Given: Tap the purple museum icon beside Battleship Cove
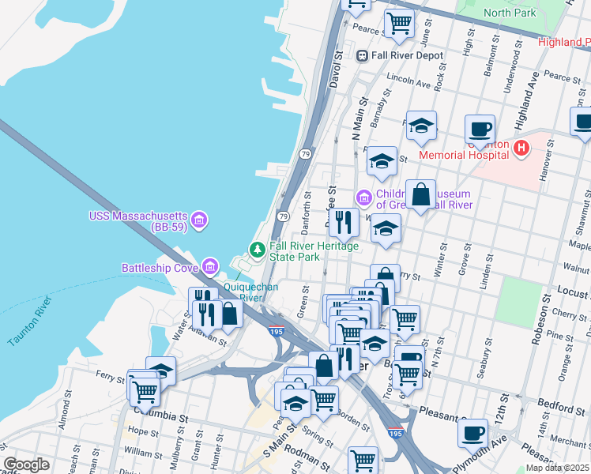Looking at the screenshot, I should (x=210, y=267).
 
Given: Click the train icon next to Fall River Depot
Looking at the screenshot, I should (x=363, y=55).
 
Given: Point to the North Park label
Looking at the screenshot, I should (x=510, y=13).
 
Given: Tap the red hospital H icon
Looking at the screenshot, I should (x=521, y=147).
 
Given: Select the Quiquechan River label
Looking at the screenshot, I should (x=250, y=292).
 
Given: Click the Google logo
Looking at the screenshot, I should (x=27, y=465).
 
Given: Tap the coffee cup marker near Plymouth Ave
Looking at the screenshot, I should (x=473, y=433).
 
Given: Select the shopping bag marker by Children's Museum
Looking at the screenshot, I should (x=421, y=194).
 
